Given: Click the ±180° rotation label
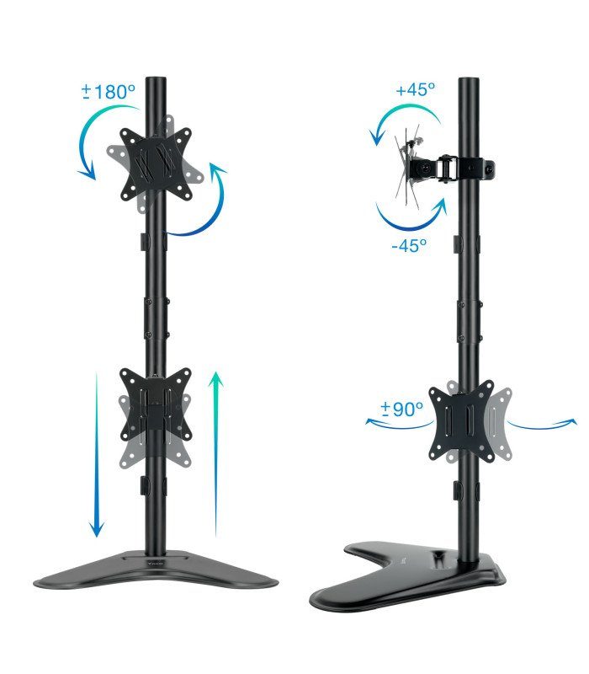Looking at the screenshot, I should (x=109, y=92).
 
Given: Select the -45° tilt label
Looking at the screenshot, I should (x=409, y=245).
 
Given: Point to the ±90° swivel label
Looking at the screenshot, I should (x=401, y=409).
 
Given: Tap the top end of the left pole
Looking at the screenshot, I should (x=156, y=83).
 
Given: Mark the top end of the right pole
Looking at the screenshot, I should (x=469, y=83).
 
